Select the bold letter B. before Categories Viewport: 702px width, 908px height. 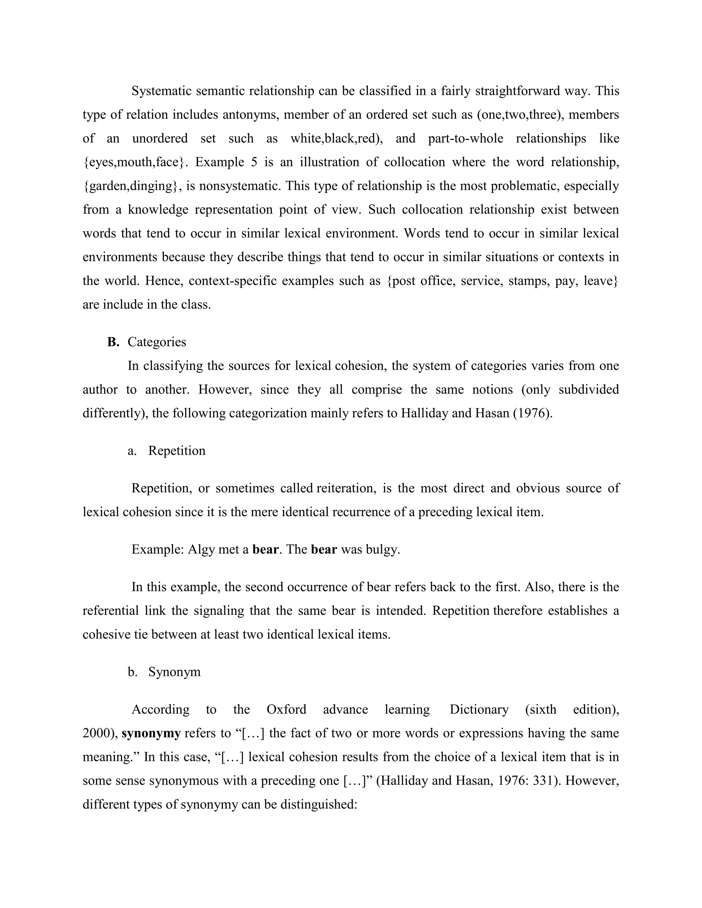(113, 342)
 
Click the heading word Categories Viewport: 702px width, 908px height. (157, 342)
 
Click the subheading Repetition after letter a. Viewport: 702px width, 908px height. (177, 451)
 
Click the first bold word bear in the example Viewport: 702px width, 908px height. (265, 549)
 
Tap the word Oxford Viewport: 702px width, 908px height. (286, 709)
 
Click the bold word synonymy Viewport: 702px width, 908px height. (151, 733)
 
